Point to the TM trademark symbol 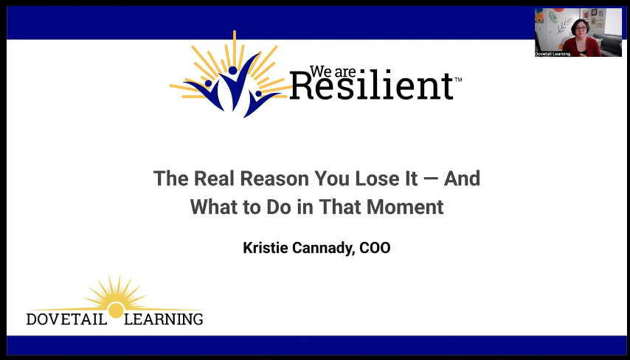pyautogui.click(x=458, y=80)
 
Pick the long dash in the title pyautogui.click(x=428, y=179)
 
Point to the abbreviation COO pyautogui.click(x=375, y=248)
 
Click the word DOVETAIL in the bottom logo pyautogui.click(x=66, y=319)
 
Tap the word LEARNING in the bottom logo pyautogui.click(x=164, y=319)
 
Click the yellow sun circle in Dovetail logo pyautogui.click(x=115, y=310)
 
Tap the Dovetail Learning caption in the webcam pyautogui.click(x=553, y=54)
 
